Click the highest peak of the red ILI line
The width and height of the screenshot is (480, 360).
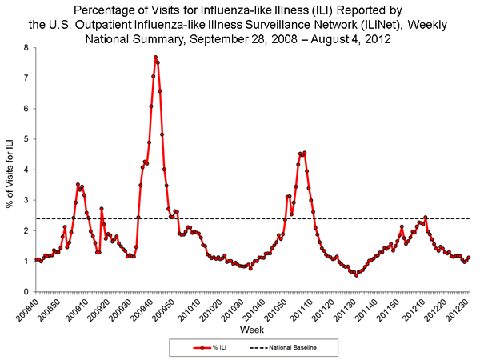[155, 57]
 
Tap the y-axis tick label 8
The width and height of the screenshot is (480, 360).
[26, 48]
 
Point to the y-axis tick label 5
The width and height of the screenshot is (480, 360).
[26, 139]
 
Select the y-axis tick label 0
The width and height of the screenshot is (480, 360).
[26, 291]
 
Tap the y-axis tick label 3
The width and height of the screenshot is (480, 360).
[26, 200]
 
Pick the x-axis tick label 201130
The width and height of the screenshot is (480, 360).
[355, 307]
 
